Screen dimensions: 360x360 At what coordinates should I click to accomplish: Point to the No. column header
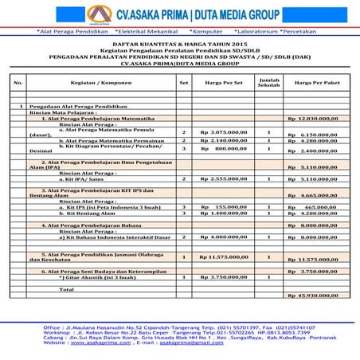coord(19,82)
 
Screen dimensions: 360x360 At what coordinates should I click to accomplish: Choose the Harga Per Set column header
coord(222,82)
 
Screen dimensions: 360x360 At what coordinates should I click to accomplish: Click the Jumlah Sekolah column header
coord(268,82)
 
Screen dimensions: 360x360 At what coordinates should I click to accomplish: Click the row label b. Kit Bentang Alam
coord(92,213)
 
